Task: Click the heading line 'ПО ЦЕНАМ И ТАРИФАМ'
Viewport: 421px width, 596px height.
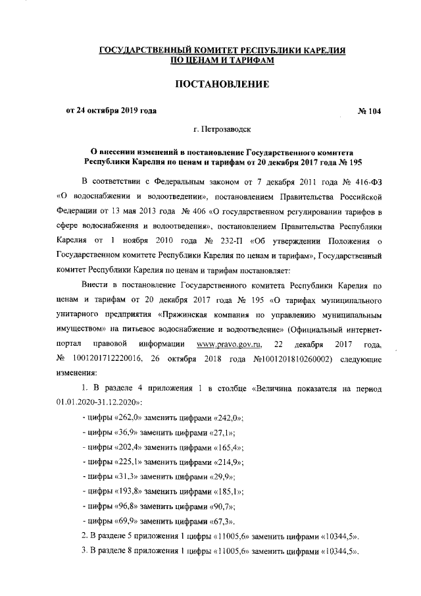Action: tap(222, 61)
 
